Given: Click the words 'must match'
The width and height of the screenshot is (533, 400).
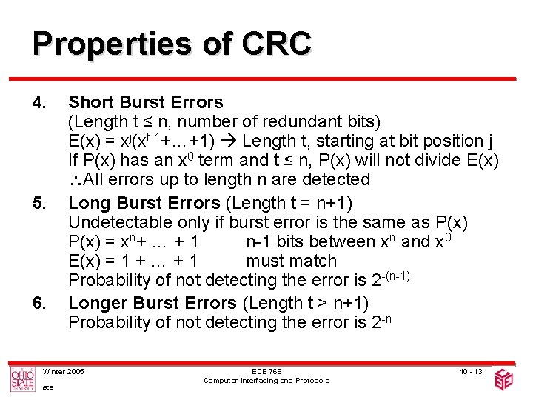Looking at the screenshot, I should click(291, 261).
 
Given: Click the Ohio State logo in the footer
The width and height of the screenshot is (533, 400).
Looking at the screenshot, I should click(22, 379).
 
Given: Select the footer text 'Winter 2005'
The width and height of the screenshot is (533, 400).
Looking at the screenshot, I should click(64, 370).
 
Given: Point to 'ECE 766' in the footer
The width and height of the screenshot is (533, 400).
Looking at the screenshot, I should click(266, 370).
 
